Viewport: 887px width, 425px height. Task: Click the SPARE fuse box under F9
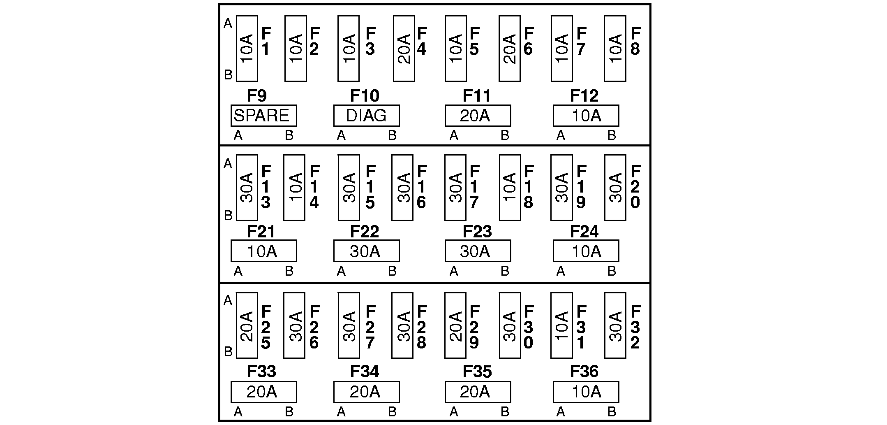click(263, 116)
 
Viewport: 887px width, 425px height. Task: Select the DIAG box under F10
click(366, 116)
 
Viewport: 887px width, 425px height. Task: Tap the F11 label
click(476, 96)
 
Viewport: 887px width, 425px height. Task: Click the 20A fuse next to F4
click(404, 49)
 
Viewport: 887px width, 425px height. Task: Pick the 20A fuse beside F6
click(510, 49)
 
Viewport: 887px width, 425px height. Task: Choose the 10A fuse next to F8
click(615, 49)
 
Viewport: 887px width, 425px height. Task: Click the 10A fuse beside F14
click(294, 188)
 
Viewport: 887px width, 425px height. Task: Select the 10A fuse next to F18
click(510, 188)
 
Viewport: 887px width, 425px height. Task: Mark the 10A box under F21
click(263, 251)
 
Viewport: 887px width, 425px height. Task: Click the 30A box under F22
click(366, 251)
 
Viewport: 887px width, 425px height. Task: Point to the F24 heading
click(584, 232)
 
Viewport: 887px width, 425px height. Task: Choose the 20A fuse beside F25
click(247, 325)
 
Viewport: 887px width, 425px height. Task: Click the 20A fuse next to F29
click(455, 325)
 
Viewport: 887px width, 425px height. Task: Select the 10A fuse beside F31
click(561, 325)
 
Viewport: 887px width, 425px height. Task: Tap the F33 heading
click(261, 372)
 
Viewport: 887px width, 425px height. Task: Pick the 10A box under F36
click(586, 392)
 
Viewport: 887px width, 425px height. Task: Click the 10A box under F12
click(586, 116)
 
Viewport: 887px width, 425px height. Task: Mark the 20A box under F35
click(478, 392)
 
